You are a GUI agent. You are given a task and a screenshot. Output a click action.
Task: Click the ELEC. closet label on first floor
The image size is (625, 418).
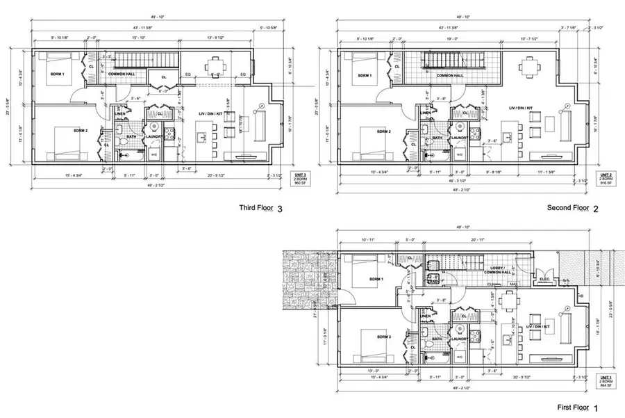point(546,280)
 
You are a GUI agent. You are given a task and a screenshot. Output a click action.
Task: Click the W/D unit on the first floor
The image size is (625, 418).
point(460,355)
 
